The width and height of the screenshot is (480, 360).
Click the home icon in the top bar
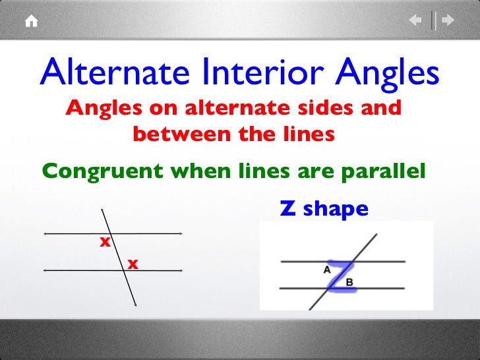tap(31, 21)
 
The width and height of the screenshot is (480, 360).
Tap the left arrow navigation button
tap(415, 21)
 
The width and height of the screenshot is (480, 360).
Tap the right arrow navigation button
tap(448, 21)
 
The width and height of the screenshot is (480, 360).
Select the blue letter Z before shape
tap(287, 209)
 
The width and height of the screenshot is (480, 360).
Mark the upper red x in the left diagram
tap(104, 243)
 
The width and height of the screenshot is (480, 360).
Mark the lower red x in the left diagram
tap(133, 264)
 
